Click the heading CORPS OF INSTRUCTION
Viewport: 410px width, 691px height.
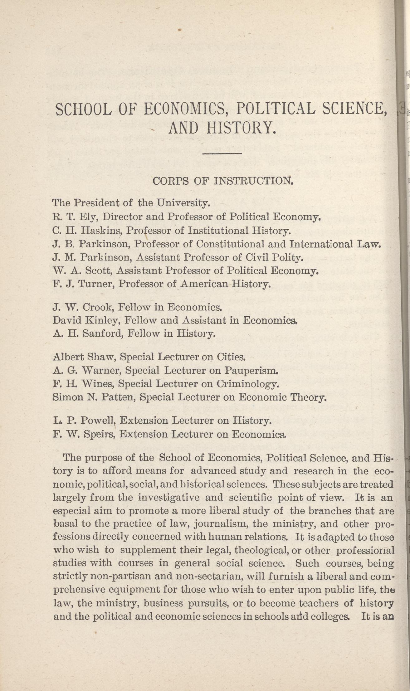point(223,181)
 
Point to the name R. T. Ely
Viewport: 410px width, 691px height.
point(71,217)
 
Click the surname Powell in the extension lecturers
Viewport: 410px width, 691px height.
point(98,421)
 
